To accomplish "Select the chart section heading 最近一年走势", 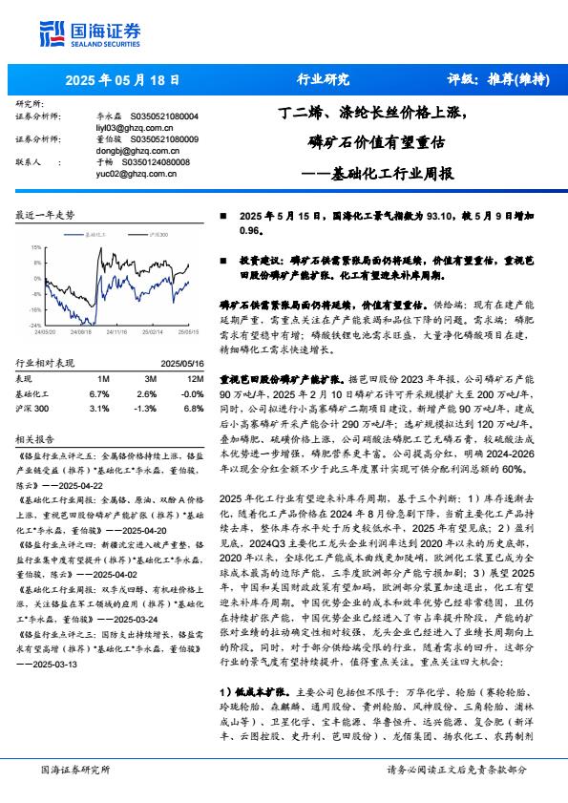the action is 45,216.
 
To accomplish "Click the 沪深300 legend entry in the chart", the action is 158,232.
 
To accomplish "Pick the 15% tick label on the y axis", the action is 34,246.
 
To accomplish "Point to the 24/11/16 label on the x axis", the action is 116,332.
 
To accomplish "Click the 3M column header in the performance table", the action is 146,379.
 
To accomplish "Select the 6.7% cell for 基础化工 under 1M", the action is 98,392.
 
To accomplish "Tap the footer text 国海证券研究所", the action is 75,770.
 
